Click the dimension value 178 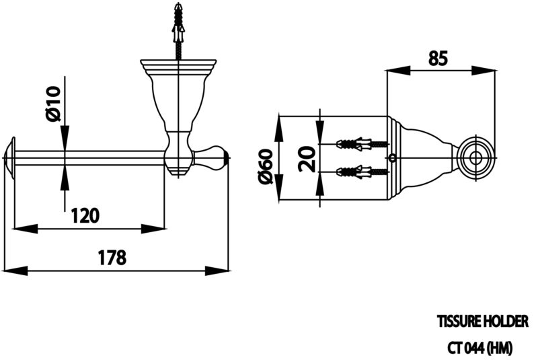(x=112, y=257)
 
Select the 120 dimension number (x=85, y=216)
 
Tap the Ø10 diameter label (x=54, y=104)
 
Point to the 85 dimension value (x=438, y=59)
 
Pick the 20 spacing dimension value (x=307, y=159)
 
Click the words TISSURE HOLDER (x=483, y=321)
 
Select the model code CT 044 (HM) (x=481, y=348)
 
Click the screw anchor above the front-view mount (x=179, y=31)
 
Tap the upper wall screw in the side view (x=362, y=144)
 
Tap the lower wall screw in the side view (x=362, y=171)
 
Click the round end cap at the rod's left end (x=10, y=158)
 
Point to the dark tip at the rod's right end (x=226, y=157)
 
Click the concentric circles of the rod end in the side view (x=475, y=158)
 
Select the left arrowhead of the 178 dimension (x=15, y=271)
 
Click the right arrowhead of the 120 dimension (x=153, y=229)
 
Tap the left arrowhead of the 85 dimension (x=398, y=71)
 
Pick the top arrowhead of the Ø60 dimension (x=279, y=129)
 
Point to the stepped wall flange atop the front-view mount (x=178, y=67)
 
